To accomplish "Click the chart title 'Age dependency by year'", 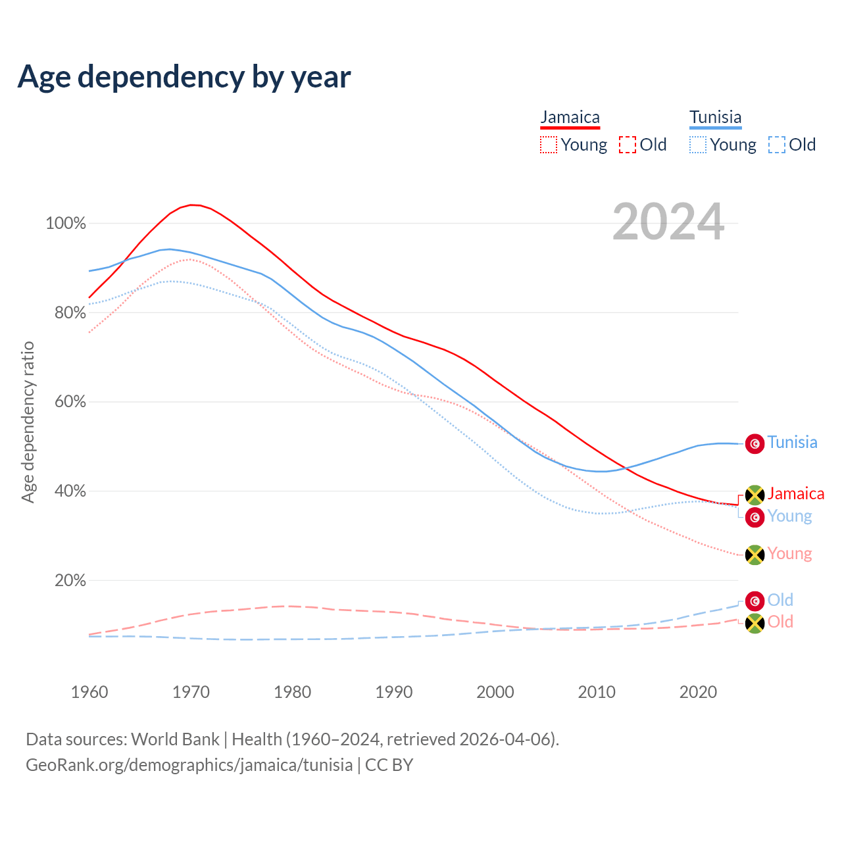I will pyautogui.click(x=184, y=76).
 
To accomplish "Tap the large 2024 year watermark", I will pyautogui.click(x=668, y=222).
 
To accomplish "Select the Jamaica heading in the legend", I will pyautogui.click(x=570, y=117).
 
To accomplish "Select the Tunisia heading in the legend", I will pyautogui.click(x=715, y=117).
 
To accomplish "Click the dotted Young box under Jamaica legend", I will pyautogui.click(x=548, y=145).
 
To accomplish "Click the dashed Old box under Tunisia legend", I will pyautogui.click(x=776, y=145).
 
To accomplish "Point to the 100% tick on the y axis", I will pyautogui.click(x=66, y=224).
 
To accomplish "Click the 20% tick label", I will pyautogui.click(x=70, y=580).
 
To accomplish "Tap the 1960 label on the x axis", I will pyautogui.click(x=89, y=692).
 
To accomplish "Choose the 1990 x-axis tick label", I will pyautogui.click(x=394, y=692).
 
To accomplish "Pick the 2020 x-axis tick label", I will pyautogui.click(x=698, y=692).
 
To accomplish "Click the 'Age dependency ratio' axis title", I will pyautogui.click(x=28, y=422).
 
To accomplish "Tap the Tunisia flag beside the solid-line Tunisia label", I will pyautogui.click(x=755, y=443).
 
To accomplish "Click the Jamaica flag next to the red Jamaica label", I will pyautogui.click(x=755, y=495).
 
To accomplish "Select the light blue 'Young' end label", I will pyautogui.click(x=789, y=516).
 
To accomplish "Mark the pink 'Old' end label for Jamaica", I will pyautogui.click(x=780, y=622).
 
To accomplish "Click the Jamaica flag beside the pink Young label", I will pyautogui.click(x=755, y=555).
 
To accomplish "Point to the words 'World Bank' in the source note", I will pyautogui.click(x=175, y=739).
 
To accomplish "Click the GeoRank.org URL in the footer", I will pyautogui.click(x=189, y=765).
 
